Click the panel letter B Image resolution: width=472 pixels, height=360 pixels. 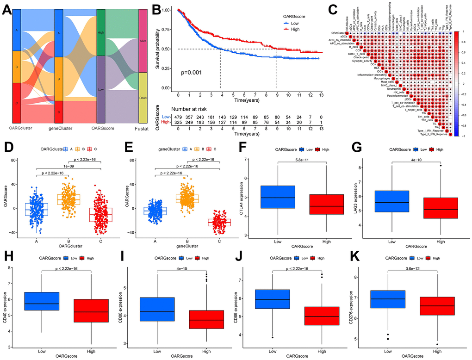click(x=158, y=9)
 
